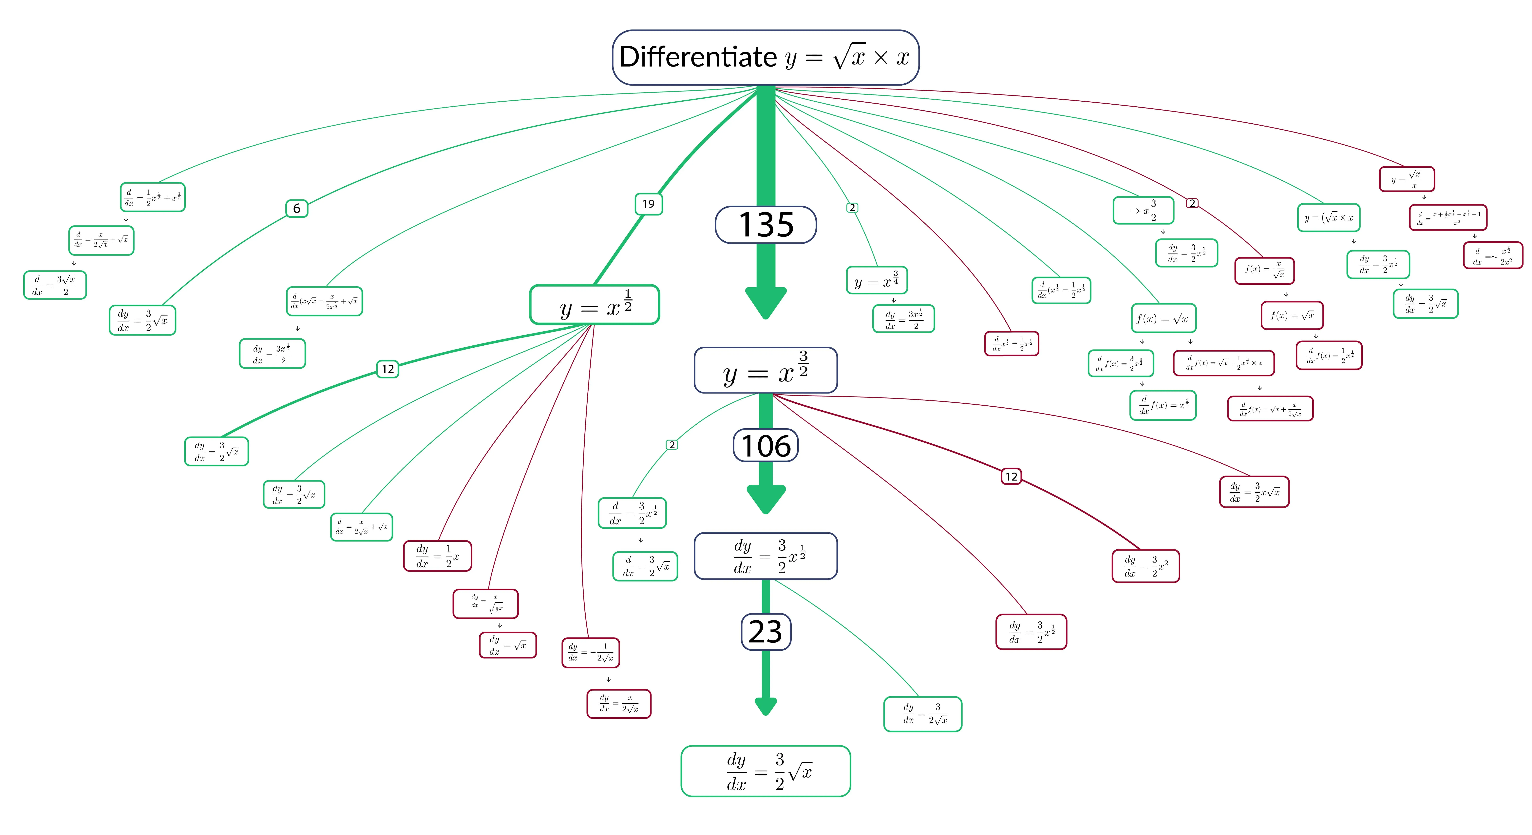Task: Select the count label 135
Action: click(x=765, y=225)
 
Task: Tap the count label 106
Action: click(x=765, y=446)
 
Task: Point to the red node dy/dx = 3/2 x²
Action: click(x=1145, y=566)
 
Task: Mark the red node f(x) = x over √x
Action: click(x=1264, y=271)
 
